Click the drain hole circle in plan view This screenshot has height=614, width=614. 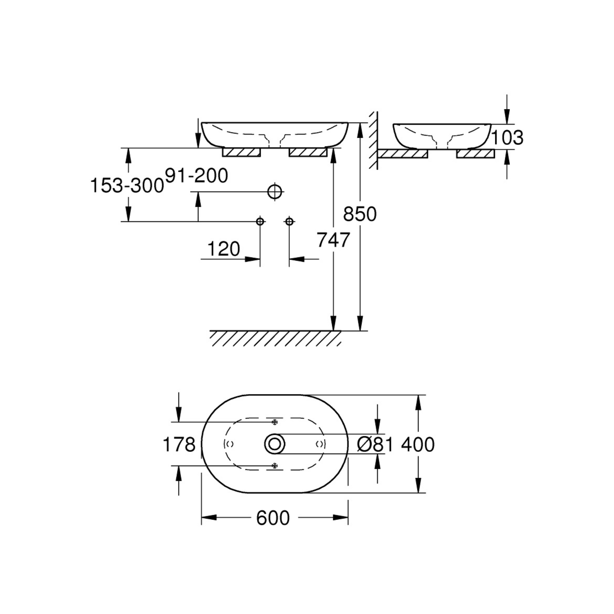pyautogui.click(x=275, y=444)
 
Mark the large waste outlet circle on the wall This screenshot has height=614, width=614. pyautogui.click(x=275, y=192)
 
